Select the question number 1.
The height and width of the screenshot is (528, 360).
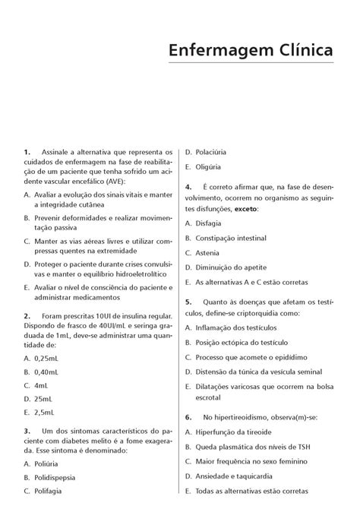(x=27, y=152)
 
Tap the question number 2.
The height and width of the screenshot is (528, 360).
(x=27, y=315)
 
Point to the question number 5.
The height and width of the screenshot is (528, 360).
(x=188, y=302)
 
